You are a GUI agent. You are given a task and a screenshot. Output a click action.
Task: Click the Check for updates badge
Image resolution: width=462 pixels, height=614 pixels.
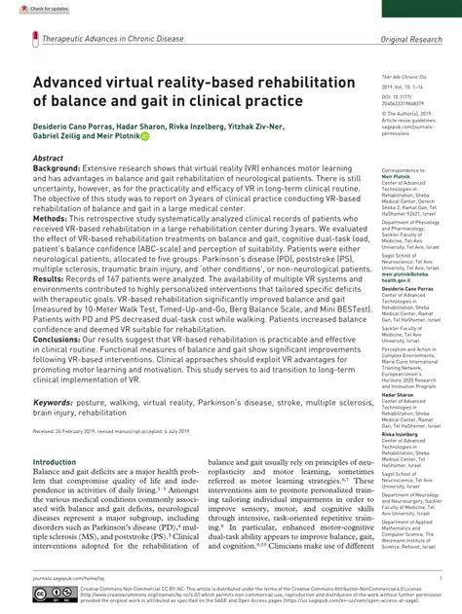tap(27, 8)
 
